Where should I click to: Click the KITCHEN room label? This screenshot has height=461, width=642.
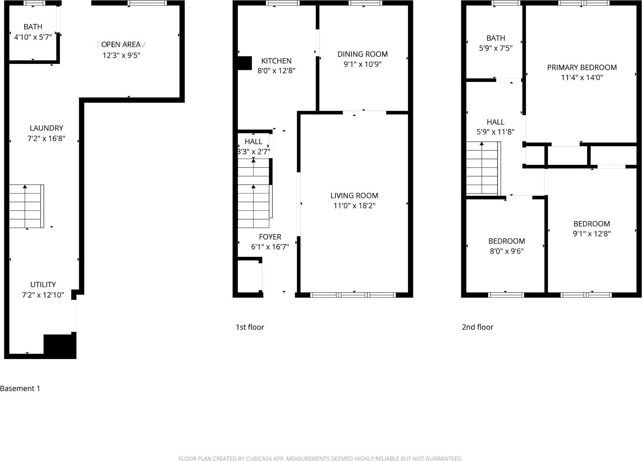pyautogui.click(x=276, y=61)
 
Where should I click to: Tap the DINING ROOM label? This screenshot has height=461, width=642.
pyautogui.click(x=362, y=54)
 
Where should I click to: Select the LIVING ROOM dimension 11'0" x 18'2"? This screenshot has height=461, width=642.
pyautogui.click(x=354, y=206)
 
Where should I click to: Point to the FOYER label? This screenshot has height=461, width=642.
pyautogui.click(x=270, y=237)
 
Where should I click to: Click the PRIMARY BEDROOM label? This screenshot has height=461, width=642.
pyautogui.click(x=582, y=68)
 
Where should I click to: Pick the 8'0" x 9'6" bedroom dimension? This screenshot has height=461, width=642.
pyautogui.click(x=506, y=251)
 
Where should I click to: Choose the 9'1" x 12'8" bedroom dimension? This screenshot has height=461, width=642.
pyautogui.click(x=591, y=233)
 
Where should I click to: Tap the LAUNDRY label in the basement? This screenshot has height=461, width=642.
pyautogui.click(x=46, y=128)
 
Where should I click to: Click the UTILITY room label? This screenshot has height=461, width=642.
pyautogui.click(x=43, y=285)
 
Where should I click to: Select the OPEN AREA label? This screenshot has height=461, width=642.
pyautogui.click(x=121, y=45)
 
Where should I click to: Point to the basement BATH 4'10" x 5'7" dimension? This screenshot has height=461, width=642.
pyautogui.click(x=33, y=37)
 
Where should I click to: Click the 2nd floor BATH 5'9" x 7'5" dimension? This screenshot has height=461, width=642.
pyautogui.click(x=495, y=48)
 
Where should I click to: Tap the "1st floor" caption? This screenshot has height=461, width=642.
pyautogui.click(x=250, y=327)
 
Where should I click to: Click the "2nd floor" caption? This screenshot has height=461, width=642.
pyautogui.click(x=477, y=327)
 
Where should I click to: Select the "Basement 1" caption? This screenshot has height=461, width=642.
pyautogui.click(x=20, y=388)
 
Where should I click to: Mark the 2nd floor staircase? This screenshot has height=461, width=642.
pyautogui.click(x=482, y=168)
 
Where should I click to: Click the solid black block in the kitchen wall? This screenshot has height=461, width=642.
pyautogui.click(x=245, y=63)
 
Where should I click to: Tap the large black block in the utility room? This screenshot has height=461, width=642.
pyautogui.click(x=60, y=346)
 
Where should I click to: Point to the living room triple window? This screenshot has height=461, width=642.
pyautogui.click(x=353, y=295)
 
